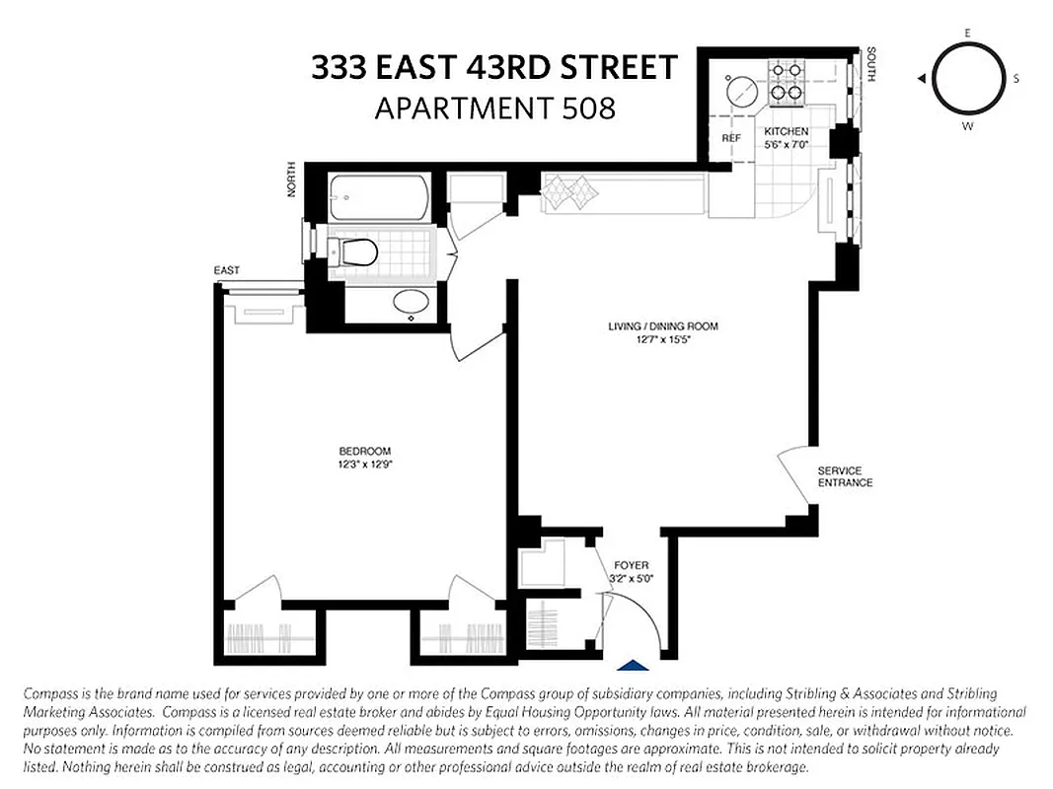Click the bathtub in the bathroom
point(380,198)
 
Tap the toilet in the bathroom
point(354,252)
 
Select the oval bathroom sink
point(412,302)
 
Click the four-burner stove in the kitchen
point(786,84)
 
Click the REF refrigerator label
point(730,139)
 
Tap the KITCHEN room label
point(787,131)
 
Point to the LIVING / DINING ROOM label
point(662,326)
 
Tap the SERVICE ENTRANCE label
point(845,476)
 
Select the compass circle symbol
point(966,79)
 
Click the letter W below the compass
point(967,125)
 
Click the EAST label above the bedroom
point(226,270)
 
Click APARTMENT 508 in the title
point(494,107)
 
